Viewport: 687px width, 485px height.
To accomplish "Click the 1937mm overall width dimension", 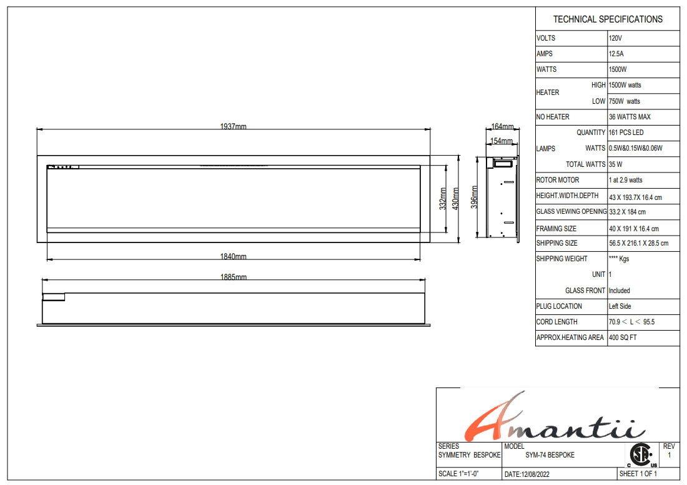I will [x=233, y=126].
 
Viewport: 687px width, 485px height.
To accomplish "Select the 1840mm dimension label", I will [x=233, y=256].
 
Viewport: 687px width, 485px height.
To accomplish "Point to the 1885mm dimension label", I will [x=233, y=277].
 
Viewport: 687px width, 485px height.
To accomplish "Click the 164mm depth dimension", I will [x=502, y=127].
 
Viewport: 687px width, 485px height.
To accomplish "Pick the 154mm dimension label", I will [x=501, y=141].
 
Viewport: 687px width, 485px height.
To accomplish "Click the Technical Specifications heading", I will [x=608, y=19].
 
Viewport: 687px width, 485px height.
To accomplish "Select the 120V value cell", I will [x=615, y=38].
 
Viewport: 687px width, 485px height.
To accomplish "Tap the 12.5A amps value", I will [x=616, y=54].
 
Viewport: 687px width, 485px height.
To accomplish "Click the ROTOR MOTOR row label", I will [x=558, y=180].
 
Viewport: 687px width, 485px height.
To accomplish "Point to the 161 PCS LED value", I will [x=626, y=132].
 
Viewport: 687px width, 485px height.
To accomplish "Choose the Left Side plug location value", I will [x=620, y=306].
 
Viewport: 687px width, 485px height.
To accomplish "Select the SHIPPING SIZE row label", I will [x=557, y=243].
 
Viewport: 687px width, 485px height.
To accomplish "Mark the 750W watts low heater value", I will [x=625, y=101].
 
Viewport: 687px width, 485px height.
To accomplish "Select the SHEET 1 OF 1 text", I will [x=637, y=474].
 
